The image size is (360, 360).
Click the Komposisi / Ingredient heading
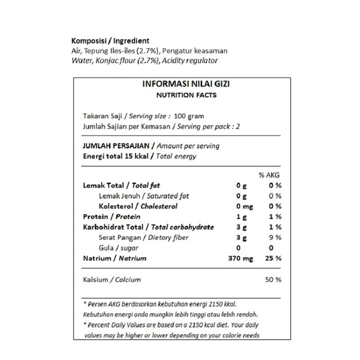point(111,41)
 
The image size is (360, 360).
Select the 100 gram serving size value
point(189,116)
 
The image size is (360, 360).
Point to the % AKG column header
point(269,175)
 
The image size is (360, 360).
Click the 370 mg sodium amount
point(240,258)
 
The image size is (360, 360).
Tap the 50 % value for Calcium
point(273,280)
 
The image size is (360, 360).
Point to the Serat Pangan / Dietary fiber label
point(136,238)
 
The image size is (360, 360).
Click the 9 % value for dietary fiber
point(275,238)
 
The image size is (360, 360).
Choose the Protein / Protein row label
point(112,217)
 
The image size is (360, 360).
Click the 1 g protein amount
point(241,217)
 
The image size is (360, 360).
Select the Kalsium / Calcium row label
point(112,280)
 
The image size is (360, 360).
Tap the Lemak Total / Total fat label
point(121,185)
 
